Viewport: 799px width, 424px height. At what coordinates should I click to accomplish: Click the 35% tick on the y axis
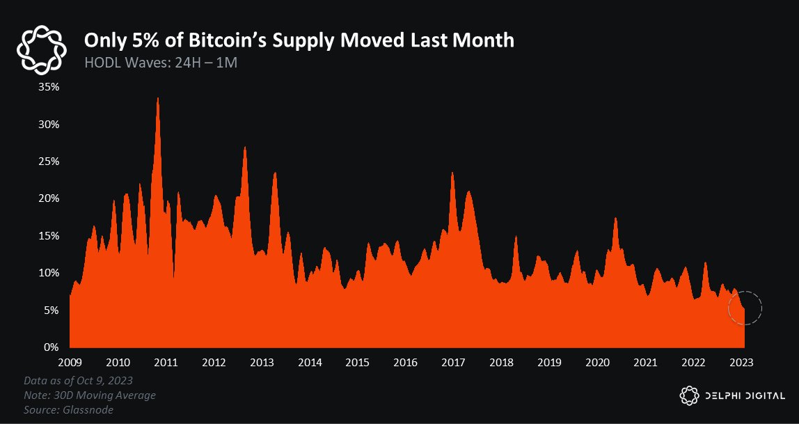49,87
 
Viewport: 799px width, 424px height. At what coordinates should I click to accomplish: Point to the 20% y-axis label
49,198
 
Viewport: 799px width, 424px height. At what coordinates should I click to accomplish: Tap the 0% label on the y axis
52,347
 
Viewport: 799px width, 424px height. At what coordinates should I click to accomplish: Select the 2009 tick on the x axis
70,362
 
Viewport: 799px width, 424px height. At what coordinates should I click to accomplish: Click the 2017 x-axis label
453,362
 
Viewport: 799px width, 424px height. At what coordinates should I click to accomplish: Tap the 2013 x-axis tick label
262,362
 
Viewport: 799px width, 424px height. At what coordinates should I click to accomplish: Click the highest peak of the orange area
158,99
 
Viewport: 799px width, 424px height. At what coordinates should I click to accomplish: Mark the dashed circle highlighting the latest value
745,308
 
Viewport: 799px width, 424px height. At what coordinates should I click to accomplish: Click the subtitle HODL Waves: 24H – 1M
161,62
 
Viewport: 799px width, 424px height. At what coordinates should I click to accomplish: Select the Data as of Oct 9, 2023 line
78,382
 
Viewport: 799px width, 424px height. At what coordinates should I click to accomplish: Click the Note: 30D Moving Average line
89,395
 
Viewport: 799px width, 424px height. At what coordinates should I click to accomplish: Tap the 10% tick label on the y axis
49,273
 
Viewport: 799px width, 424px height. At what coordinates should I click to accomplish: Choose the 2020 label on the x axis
597,362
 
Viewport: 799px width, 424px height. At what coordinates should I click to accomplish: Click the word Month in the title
484,40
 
